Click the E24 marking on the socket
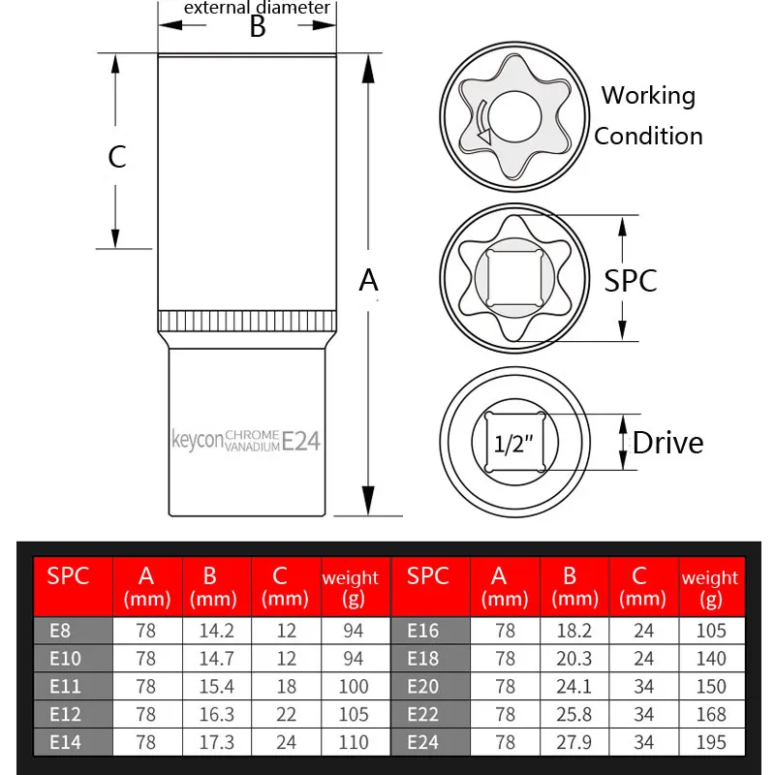tap(301, 441)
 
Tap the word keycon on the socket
tap(197, 441)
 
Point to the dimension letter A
tap(368, 280)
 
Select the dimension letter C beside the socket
tap(117, 156)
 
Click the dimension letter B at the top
tap(257, 27)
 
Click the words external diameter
tap(257, 8)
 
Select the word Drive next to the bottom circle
tap(667, 443)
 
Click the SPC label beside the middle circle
tap(631, 280)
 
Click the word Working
tap(648, 95)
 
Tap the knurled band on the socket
tap(247, 322)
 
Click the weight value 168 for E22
tap(710, 714)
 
